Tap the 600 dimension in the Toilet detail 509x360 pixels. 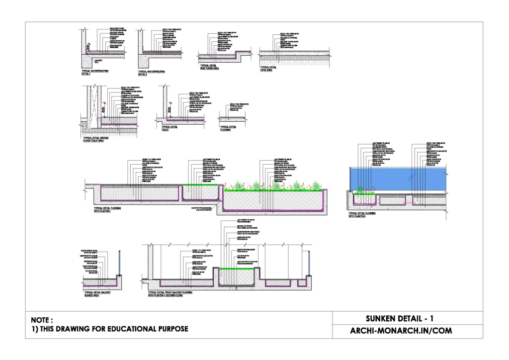coord(169,110)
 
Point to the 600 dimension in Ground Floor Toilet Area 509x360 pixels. coord(104,112)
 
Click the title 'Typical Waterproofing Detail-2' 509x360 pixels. coord(152,73)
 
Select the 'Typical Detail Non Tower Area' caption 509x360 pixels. coord(209,67)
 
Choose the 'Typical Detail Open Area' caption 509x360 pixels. coord(268,68)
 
